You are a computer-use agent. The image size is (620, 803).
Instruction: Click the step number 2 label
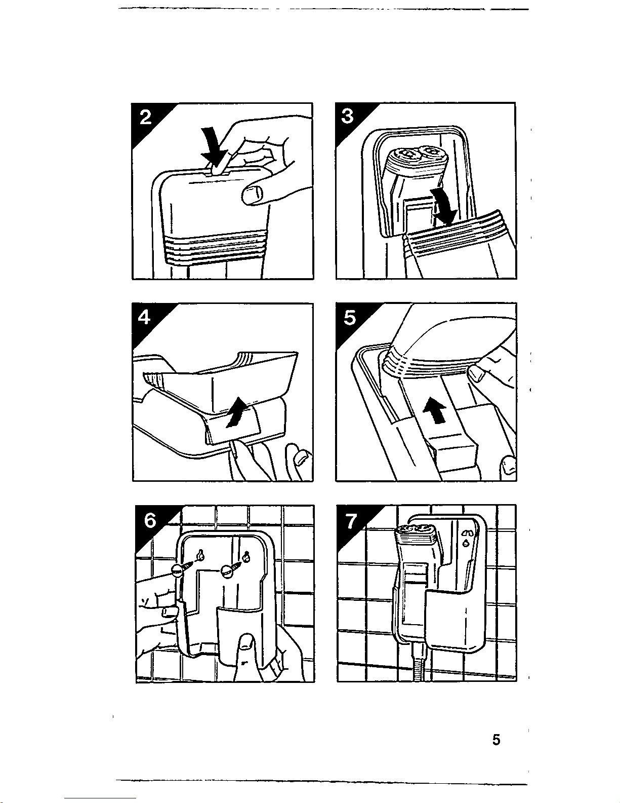[x=146, y=118]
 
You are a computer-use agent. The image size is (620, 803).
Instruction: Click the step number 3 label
[x=348, y=117]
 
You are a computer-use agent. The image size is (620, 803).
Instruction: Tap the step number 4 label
[x=145, y=318]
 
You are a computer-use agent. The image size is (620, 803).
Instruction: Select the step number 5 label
[x=349, y=318]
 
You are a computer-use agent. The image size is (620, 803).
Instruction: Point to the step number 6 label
[x=150, y=520]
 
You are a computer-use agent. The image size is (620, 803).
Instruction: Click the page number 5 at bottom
[x=496, y=740]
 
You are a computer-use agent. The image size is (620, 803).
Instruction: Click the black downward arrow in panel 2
[x=213, y=143]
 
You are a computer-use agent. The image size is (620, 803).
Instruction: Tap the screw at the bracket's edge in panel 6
[x=177, y=570]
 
